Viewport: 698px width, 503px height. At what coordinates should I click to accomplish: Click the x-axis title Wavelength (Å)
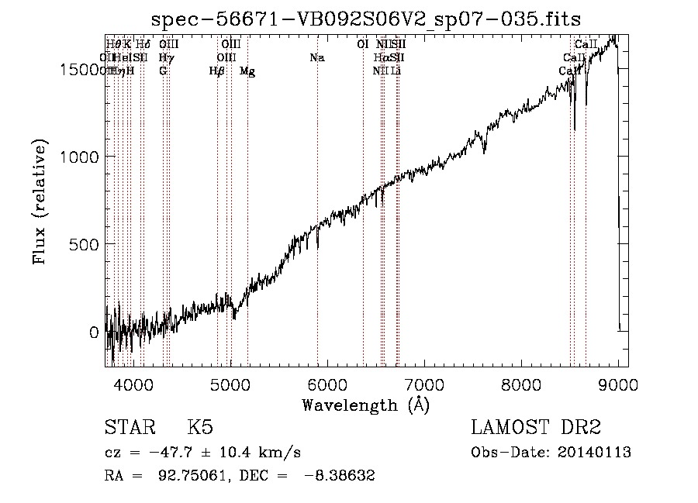[x=365, y=405]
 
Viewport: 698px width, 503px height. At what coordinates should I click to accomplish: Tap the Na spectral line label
[x=316, y=58]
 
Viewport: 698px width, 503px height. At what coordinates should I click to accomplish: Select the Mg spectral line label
[x=247, y=71]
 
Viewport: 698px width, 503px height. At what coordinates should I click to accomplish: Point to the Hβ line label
[x=217, y=71]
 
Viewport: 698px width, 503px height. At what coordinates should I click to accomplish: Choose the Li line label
[x=396, y=71]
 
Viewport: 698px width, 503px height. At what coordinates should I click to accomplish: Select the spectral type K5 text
[x=200, y=428]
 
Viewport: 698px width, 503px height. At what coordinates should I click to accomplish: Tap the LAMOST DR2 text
[x=537, y=428]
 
